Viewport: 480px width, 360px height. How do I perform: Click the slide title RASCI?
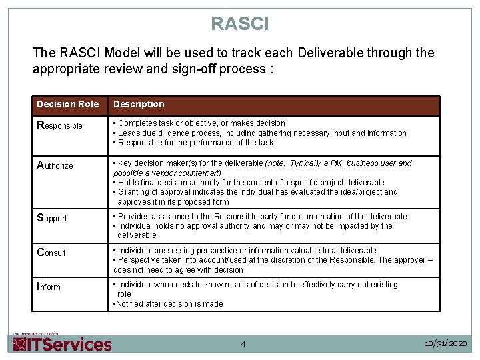[x=240, y=24]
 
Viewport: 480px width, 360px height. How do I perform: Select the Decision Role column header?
[x=67, y=105]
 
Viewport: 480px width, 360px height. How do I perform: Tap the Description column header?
[x=139, y=105]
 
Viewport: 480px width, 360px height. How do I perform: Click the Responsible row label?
[x=59, y=125]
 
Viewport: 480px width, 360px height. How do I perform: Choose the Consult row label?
[x=51, y=253]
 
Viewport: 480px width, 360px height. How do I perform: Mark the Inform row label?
[x=49, y=287]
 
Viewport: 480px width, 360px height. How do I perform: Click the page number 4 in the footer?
[x=243, y=344]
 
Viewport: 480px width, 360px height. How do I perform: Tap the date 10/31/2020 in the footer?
[x=446, y=343]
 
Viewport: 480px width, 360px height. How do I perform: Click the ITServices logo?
[x=62, y=343]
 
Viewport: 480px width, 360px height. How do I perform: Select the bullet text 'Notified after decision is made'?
[x=169, y=304]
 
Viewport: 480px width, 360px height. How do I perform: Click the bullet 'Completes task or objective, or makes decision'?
[x=201, y=123]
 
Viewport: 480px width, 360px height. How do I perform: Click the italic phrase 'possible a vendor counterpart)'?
[x=167, y=173]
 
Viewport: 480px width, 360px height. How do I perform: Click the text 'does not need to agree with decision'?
[x=178, y=270]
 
